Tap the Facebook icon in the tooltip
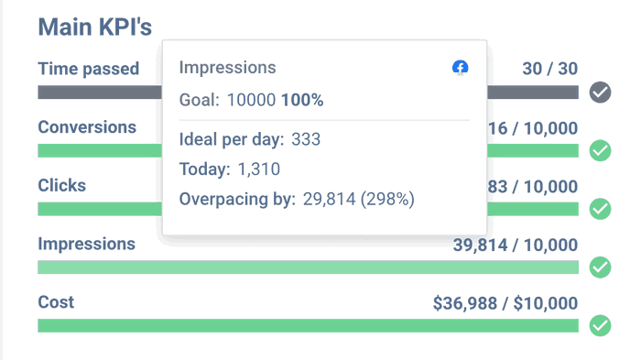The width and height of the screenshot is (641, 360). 461,68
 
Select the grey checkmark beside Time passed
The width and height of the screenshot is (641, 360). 600,92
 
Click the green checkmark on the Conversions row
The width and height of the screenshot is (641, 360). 600,150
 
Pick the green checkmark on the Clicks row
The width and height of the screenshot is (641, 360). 600,209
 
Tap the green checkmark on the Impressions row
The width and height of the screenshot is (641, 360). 600,267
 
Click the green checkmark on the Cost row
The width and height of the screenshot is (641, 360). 600,325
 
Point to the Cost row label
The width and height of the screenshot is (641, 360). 56,302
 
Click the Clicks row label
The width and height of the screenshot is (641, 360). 61,185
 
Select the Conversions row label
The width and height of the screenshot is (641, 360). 87,127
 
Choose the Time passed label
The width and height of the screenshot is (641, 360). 88,69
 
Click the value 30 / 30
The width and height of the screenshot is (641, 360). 549,69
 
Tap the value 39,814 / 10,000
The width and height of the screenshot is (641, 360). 516,245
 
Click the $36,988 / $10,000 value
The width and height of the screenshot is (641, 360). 505,303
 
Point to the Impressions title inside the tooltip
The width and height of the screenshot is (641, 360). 227,68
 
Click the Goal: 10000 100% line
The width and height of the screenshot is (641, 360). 251,100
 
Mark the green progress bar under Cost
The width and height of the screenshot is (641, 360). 308,325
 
